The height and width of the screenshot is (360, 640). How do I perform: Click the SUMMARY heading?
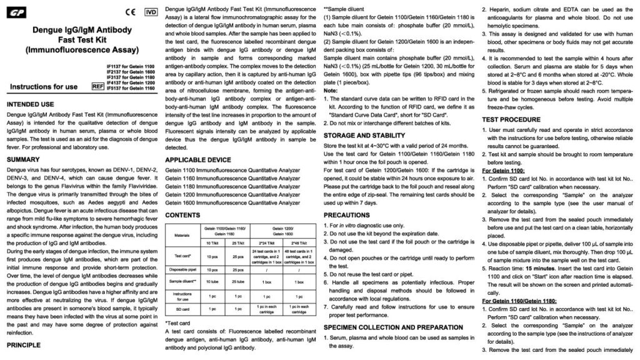pos(24,159)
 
